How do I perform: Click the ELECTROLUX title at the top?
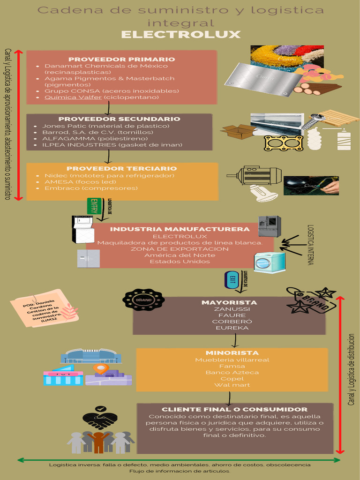point(180,35)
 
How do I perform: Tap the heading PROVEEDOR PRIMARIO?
point(121,59)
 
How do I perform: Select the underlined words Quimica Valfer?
point(73,97)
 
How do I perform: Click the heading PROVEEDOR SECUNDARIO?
point(119,119)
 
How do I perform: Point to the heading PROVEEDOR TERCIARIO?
point(121,168)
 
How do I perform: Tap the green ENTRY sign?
point(94,206)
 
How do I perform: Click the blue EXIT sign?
point(232,279)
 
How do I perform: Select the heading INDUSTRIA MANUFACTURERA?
point(180,229)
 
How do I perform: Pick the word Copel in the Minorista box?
point(232,379)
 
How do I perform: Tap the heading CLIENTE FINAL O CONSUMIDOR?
point(234,409)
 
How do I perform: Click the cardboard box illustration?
point(238,131)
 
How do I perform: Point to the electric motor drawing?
point(255,175)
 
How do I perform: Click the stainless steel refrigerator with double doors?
point(270,226)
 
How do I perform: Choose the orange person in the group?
point(98,442)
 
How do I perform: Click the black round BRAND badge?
point(143,300)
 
